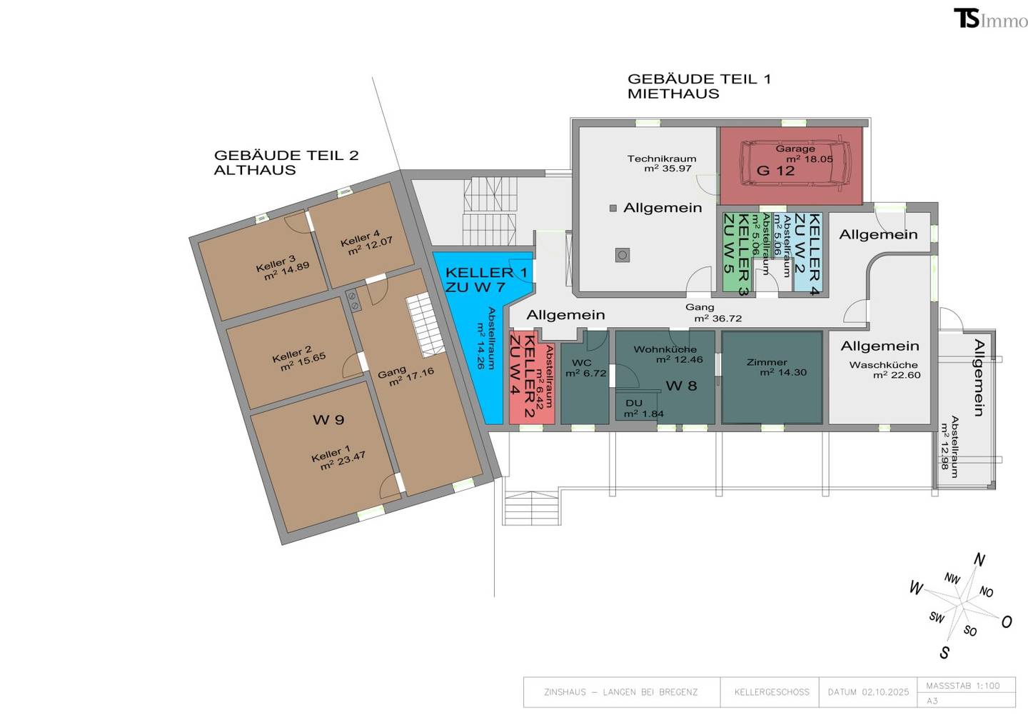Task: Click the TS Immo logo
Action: pos(990,19)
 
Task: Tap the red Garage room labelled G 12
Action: pos(791,165)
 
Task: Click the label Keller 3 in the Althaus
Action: pos(276,264)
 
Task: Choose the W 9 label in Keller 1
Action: pos(328,419)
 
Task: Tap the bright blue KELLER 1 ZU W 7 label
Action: pos(486,279)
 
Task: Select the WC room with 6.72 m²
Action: pos(585,377)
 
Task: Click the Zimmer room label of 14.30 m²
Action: pos(767,362)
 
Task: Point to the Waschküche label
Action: pos(884,365)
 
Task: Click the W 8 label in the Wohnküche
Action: pos(682,386)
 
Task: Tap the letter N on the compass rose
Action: pos(979,560)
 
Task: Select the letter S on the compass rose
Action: pos(944,653)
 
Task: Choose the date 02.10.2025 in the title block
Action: pos(885,692)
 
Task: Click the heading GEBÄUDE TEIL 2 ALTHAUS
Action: pos(286,163)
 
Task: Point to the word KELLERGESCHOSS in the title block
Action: pos(772,692)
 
